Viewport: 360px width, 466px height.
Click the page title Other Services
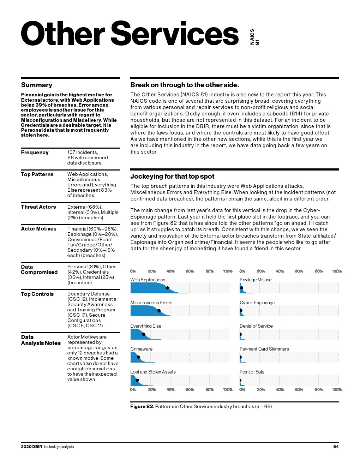[x=130, y=34]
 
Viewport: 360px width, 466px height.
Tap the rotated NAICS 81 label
[x=254, y=37]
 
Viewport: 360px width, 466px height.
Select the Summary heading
[x=36, y=85]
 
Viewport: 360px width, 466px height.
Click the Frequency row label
[x=35, y=153]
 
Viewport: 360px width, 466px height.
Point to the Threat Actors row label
[x=38, y=207]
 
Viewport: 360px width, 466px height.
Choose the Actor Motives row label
[x=38, y=229]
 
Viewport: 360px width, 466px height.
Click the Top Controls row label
[x=37, y=294]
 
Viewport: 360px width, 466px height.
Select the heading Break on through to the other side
[x=185, y=85]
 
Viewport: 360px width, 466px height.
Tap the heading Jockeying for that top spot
[x=172, y=177]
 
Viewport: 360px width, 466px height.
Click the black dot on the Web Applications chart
[x=168, y=288]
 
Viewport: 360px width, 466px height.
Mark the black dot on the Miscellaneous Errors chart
[x=159, y=311]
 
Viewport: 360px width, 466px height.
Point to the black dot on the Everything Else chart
[x=144, y=334]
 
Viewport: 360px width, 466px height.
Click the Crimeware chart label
[x=141, y=349]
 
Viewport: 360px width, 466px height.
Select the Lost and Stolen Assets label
[x=153, y=372]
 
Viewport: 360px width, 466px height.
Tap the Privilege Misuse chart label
[x=256, y=280]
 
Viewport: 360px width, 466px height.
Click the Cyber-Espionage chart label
[x=257, y=303]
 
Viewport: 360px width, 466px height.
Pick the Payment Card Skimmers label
[x=264, y=349]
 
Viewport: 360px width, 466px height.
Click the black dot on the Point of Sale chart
[x=240, y=380]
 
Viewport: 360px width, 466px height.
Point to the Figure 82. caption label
[x=142, y=407]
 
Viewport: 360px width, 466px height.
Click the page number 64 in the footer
[x=336, y=447]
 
